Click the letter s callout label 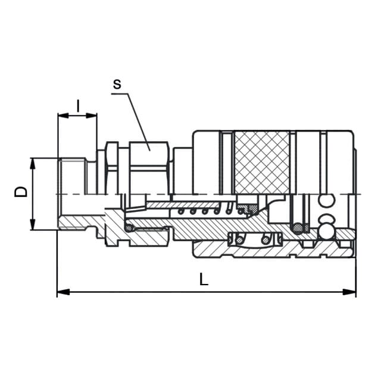(x=117, y=84)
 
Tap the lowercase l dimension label (x=78, y=106)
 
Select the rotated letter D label (x=21, y=192)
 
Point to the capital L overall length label (x=204, y=279)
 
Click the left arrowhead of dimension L (x=63, y=292)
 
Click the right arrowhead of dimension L (x=349, y=292)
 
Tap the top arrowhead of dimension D (x=32, y=164)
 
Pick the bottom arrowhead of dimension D (x=32, y=224)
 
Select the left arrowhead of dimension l (x=64, y=116)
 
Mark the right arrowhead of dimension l (x=91, y=116)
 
